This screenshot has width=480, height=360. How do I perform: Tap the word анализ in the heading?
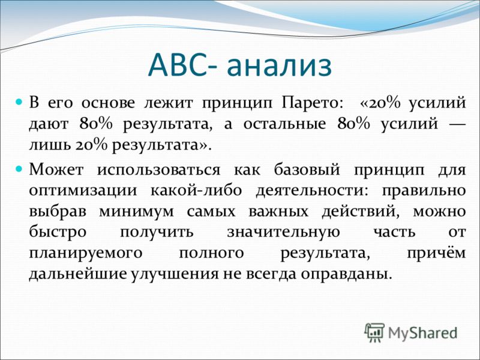point(280,67)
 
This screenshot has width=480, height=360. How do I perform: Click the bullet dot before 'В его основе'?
point(19,101)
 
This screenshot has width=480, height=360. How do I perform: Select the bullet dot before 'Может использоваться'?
point(19,168)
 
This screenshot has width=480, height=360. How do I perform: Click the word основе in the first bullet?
point(108,103)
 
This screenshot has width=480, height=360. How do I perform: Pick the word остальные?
point(284,124)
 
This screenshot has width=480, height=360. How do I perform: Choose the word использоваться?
point(158,170)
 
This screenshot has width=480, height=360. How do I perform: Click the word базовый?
point(307,169)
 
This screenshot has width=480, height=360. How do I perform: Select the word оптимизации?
point(83,191)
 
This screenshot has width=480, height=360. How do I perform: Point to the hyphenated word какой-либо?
point(196,190)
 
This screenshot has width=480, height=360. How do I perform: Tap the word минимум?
point(136,212)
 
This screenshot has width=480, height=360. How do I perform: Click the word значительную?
point(283,232)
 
